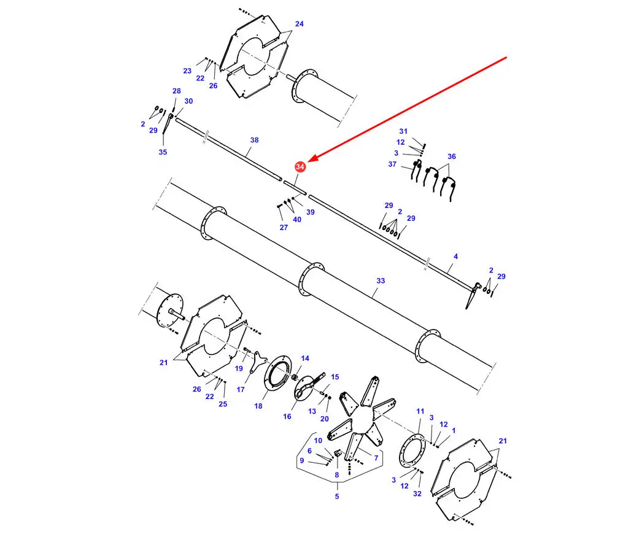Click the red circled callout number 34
[x=300, y=166]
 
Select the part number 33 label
[x=381, y=280]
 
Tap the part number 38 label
[x=254, y=140]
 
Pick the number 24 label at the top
[x=300, y=24]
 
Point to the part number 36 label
[x=452, y=156]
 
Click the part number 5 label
[x=337, y=496]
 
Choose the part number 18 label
[x=258, y=406]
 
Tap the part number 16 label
[x=287, y=416]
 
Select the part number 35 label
[x=163, y=152]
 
